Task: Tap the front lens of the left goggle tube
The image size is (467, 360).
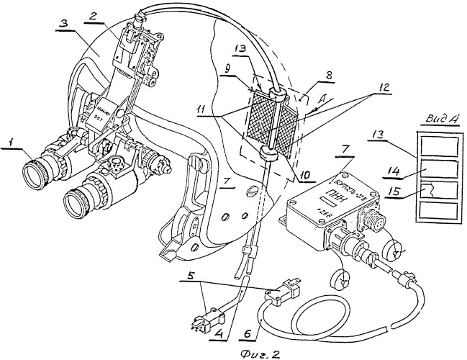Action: pos(37,170)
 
